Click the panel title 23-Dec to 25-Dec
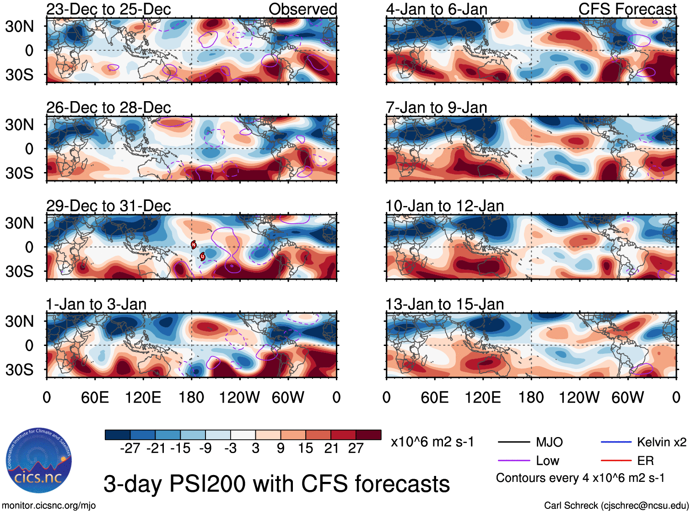coord(108,9)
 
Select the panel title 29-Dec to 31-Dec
coord(108,206)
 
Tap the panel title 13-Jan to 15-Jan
coord(445,304)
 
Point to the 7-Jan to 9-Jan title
coord(437,108)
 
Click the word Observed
coord(302,9)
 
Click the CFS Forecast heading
coord(627,9)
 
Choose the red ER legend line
coord(616,461)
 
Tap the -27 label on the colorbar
coord(130,448)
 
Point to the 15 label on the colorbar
coord(305,448)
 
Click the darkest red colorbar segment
coord(368,435)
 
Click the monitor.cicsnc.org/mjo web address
coord(49,506)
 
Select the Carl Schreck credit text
coord(616,506)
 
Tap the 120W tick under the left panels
coord(239,397)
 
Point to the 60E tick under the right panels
coord(434,397)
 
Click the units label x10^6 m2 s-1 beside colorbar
coord(432,442)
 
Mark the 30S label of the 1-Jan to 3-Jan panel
coord(19,370)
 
